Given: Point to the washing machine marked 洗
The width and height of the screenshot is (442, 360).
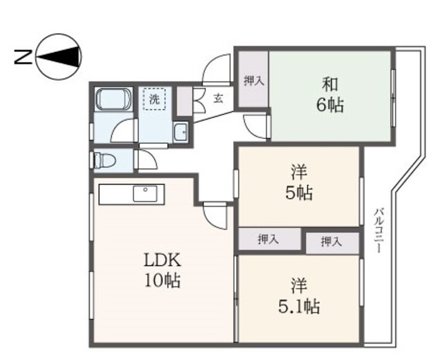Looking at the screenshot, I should pos(155,100).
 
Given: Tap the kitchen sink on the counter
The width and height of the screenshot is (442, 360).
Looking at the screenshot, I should pos(146,194).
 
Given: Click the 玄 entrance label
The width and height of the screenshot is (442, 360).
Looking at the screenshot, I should pos(218,99).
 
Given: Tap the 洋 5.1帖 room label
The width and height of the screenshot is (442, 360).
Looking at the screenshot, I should pos(298,295).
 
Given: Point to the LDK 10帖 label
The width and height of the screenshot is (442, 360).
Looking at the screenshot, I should pos(162,270).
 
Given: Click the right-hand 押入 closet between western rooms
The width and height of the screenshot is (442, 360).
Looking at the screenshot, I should pos(332,242).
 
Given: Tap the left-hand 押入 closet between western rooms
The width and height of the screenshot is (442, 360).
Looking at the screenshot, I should pos(269,239).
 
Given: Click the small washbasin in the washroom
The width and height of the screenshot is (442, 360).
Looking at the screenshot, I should pos(181,132).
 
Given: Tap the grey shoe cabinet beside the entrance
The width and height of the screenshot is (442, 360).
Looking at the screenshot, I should pos(184,101).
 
